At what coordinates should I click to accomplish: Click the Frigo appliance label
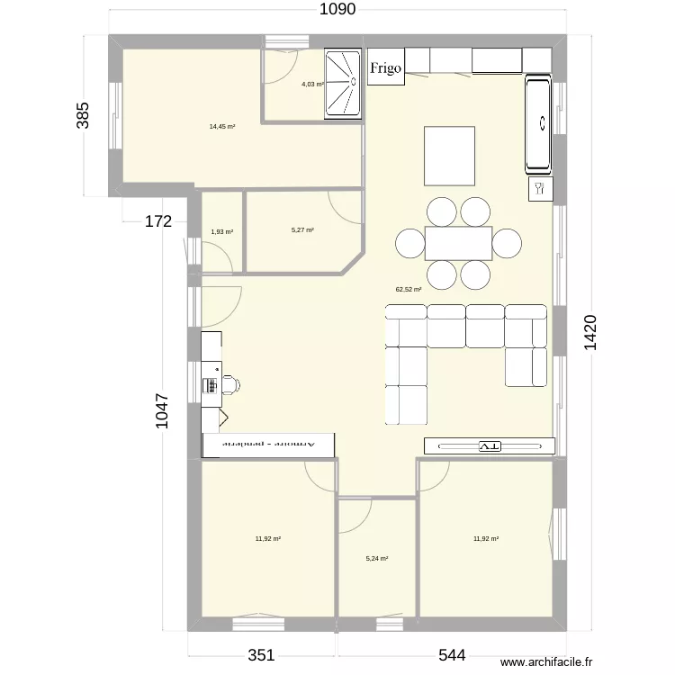[x=385, y=68]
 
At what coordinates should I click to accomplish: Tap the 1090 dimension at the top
[x=337, y=10]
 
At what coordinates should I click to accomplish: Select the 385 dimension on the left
[x=83, y=116]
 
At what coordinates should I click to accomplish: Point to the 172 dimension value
[x=158, y=222]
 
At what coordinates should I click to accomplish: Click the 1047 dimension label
[x=162, y=412]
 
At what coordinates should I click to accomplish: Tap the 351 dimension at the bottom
[x=261, y=655]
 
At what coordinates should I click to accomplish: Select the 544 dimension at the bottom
[x=451, y=655]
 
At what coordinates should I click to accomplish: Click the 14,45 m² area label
[x=222, y=127]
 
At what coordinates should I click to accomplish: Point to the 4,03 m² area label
[x=312, y=85]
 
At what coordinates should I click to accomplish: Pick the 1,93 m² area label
[x=221, y=232]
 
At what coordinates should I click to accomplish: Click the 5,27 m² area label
[x=302, y=230]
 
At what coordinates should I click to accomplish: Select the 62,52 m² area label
[x=409, y=290]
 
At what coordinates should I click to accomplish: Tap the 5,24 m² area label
[x=376, y=558]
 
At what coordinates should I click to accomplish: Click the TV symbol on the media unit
[x=490, y=445]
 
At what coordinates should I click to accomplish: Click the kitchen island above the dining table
[x=449, y=155]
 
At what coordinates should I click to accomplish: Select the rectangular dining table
[x=459, y=243]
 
